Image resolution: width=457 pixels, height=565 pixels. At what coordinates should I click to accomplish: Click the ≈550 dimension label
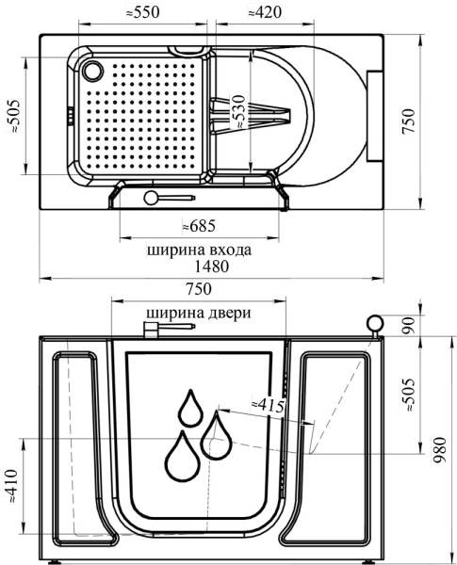(142, 12)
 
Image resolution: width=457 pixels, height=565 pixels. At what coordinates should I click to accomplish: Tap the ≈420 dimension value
(265, 12)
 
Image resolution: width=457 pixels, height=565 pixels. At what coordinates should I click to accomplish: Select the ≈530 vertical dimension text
(238, 112)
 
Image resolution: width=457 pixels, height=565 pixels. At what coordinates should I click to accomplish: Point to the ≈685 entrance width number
(199, 226)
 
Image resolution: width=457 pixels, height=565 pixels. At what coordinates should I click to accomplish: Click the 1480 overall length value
(212, 266)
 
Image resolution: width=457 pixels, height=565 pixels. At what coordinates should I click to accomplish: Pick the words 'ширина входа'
(199, 250)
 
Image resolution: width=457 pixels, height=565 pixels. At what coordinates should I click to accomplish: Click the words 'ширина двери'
(199, 313)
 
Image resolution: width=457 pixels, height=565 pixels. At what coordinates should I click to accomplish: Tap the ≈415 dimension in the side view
(268, 405)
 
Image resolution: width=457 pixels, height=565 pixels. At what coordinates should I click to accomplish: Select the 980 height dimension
(440, 450)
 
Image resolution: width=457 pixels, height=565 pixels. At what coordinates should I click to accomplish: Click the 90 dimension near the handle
(409, 326)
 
